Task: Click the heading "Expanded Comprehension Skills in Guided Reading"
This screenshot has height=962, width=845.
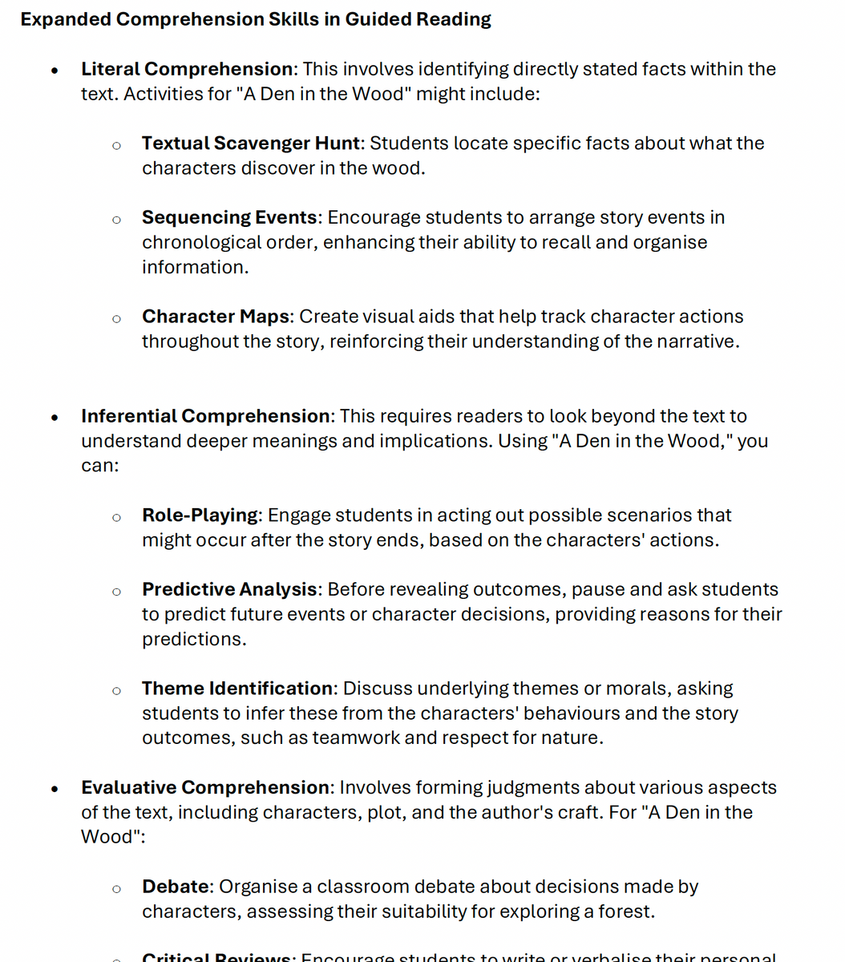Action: (x=256, y=19)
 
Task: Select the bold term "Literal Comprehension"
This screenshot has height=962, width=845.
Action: (x=187, y=69)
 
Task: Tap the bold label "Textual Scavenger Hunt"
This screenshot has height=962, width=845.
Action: (x=250, y=143)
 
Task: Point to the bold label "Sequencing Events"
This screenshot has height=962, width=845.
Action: (x=229, y=217)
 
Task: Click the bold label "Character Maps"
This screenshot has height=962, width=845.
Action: (x=215, y=317)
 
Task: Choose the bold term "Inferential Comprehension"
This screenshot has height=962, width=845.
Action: (x=205, y=416)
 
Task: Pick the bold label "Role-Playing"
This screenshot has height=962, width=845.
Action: (x=200, y=515)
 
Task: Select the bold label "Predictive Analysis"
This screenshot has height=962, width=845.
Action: (x=229, y=589)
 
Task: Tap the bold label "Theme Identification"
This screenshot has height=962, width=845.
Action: (x=237, y=689)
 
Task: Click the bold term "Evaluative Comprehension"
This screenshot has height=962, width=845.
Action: (x=205, y=787)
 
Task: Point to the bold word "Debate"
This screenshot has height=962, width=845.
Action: (x=175, y=887)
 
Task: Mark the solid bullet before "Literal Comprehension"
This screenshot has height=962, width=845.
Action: (x=54, y=70)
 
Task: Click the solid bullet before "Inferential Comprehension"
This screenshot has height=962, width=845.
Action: (x=54, y=417)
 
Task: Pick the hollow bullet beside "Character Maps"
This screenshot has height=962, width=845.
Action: (x=116, y=318)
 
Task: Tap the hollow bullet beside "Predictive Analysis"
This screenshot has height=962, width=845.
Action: (x=116, y=591)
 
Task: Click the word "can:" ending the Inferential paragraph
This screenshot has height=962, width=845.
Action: (x=99, y=466)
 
